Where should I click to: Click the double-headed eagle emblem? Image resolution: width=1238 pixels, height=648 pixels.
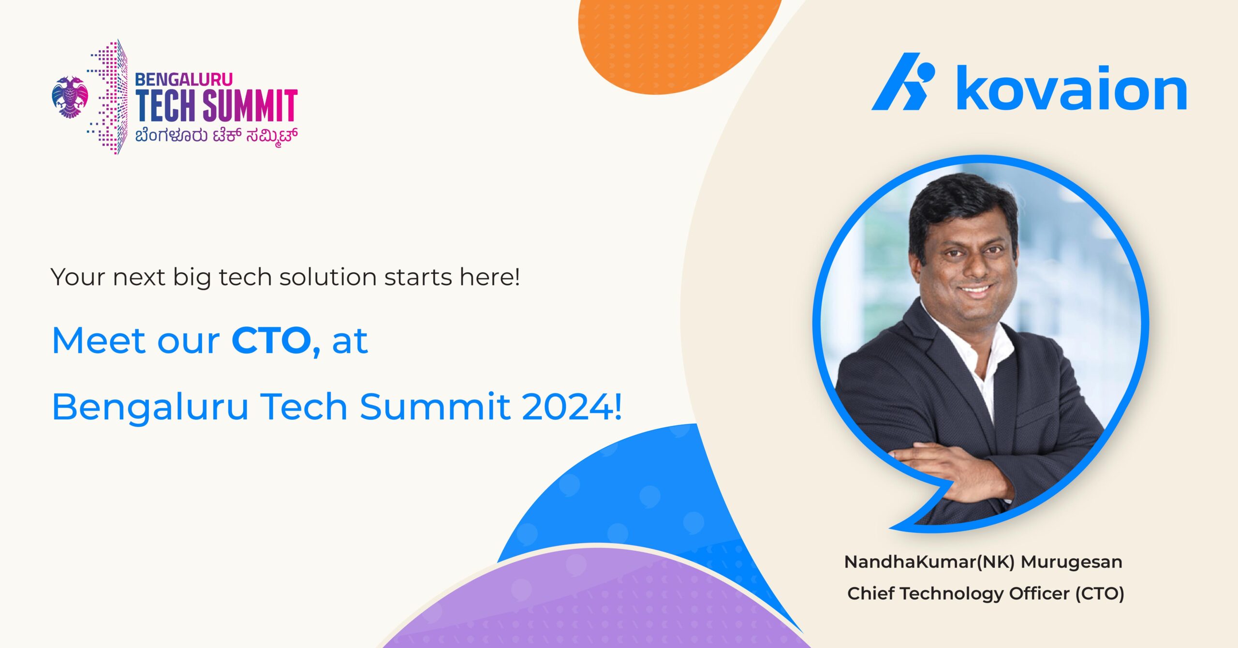coord(70,97)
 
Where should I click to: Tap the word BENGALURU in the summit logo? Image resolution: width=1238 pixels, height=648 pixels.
coord(184,79)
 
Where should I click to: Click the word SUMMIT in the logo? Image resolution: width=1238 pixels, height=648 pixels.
coord(250,105)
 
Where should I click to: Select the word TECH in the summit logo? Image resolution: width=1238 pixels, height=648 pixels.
coord(166,105)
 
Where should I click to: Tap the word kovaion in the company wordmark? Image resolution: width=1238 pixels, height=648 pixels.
coord(1072,88)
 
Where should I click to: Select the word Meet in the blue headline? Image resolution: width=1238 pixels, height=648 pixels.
coord(99,340)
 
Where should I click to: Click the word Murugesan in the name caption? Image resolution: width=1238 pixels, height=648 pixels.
coord(1071,562)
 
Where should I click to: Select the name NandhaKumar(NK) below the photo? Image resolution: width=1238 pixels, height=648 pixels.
coord(929,562)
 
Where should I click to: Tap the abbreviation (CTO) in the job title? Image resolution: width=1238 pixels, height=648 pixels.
coord(1100,593)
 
